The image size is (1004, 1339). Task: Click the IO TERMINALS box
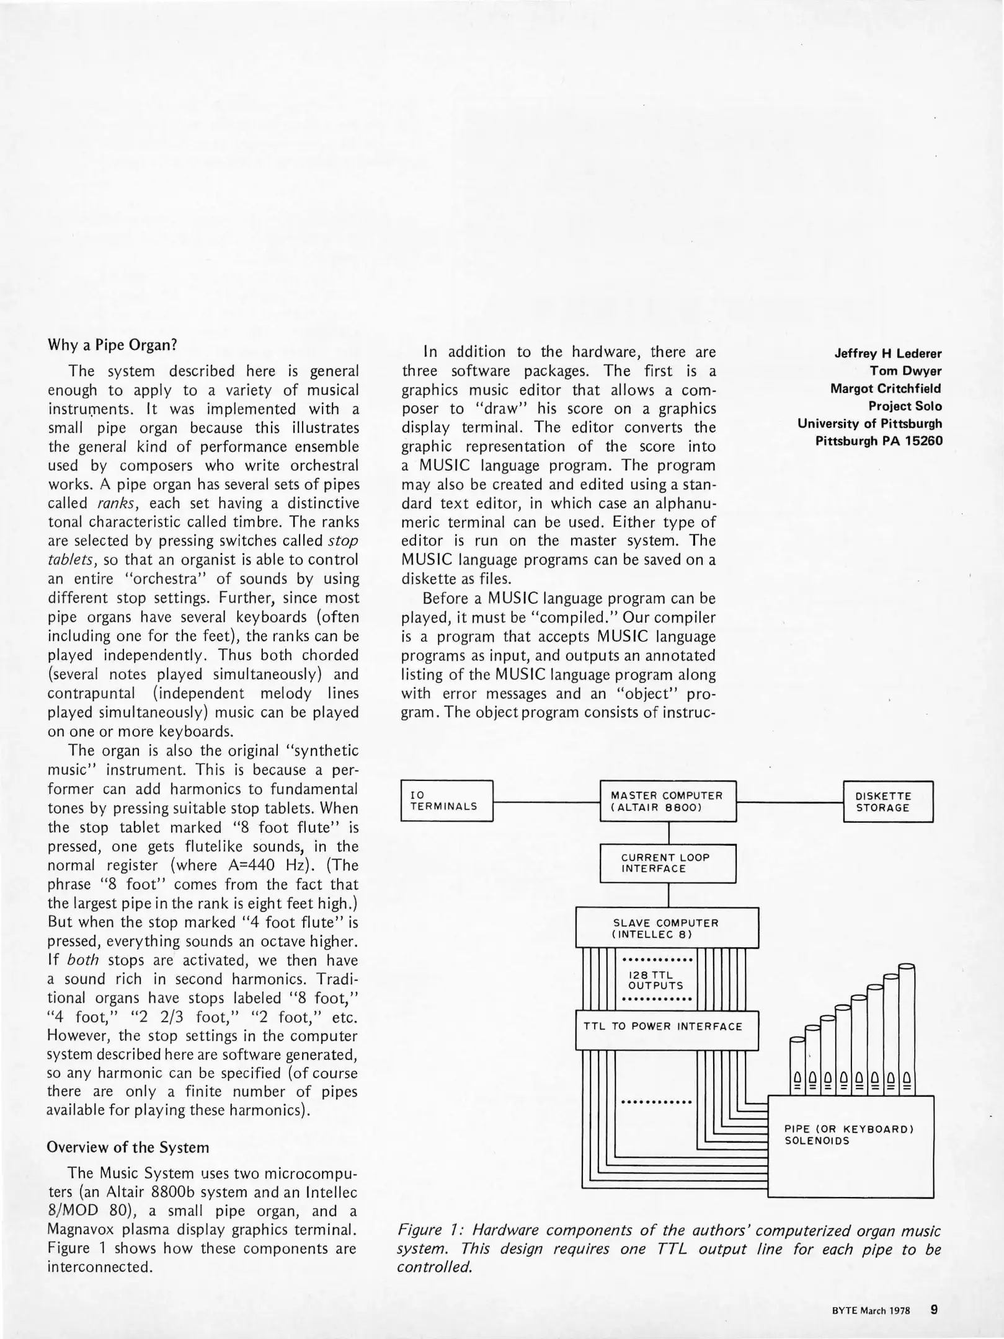446,801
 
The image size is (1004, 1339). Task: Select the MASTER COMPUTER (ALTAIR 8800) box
668,801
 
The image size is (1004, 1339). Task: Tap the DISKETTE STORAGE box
887,802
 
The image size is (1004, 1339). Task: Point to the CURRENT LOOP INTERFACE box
668,863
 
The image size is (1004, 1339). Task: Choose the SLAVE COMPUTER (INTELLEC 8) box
667,928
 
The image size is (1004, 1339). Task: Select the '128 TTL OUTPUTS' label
656,980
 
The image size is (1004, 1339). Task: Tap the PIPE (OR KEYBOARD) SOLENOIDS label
850,1134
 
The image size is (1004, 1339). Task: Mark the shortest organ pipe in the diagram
797,1066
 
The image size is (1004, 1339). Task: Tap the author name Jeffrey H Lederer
888,354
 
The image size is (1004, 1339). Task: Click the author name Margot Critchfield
886,389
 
